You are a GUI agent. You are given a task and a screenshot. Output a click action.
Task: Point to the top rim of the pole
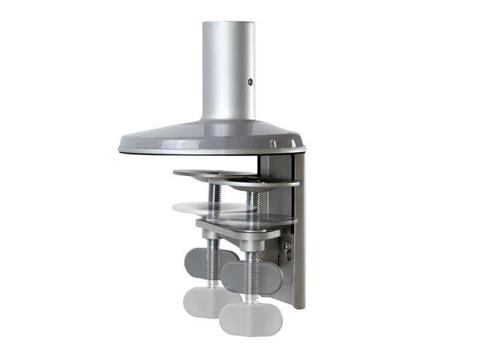(x=228, y=24)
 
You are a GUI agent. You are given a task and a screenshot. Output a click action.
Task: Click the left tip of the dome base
(x=120, y=146)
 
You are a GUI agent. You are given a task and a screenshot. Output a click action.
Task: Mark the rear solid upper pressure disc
(x=204, y=173)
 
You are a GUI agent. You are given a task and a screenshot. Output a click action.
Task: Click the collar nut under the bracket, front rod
(x=252, y=244)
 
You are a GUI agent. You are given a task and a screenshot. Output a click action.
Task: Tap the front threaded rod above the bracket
(x=253, y=201)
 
